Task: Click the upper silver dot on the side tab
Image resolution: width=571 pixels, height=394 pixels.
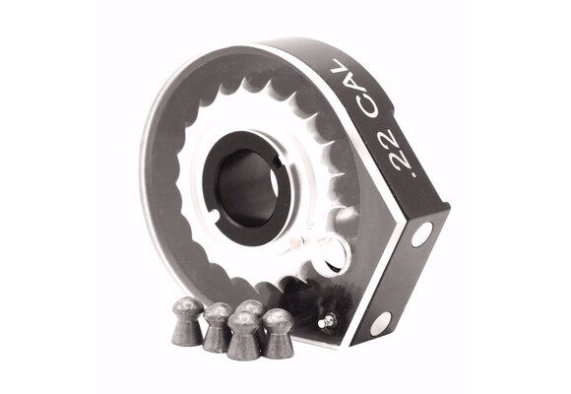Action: coord(420,234)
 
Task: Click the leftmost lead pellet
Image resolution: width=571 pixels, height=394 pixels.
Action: coord(187,321)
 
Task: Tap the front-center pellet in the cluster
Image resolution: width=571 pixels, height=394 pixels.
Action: coord(242,336)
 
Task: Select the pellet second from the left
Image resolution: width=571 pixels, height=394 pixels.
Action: coord(216,326)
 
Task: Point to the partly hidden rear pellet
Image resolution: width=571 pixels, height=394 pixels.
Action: coord(252,309)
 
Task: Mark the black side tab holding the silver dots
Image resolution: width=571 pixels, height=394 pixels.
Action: coord(404,276)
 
